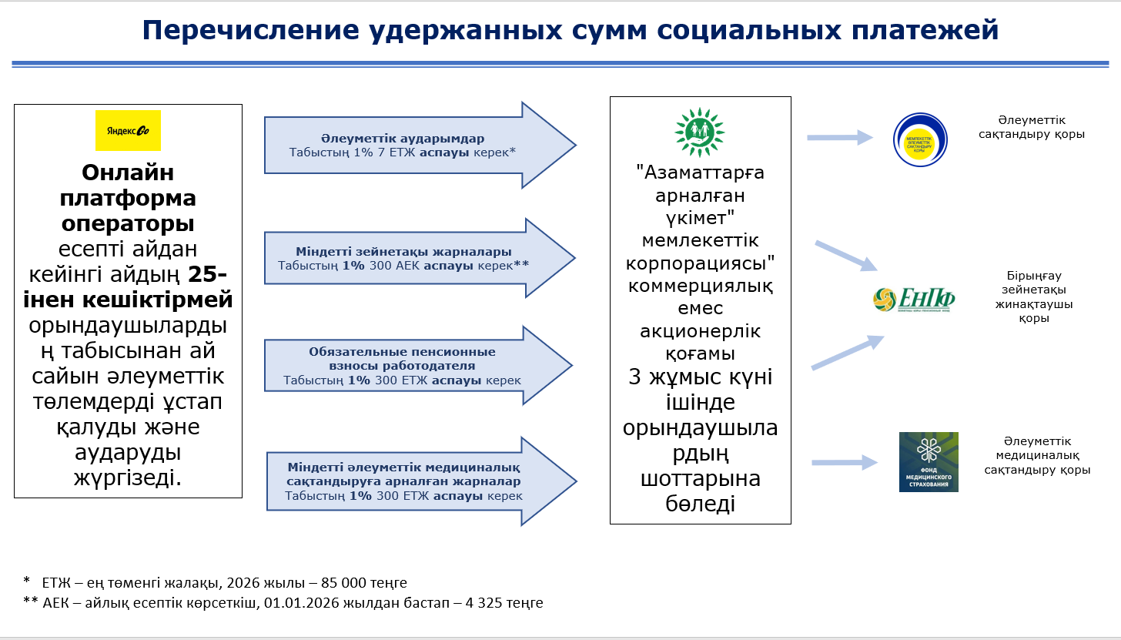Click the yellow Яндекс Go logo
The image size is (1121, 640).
pyautogui.click(x=128, y=130)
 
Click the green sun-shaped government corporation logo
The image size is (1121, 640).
pyautogui.click(x=700, y=131)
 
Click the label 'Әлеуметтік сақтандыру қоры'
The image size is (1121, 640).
pyautogui.click(x=1031, y=127)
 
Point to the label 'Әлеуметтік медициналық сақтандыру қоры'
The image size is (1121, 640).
pyautogui.click(x=1036, y=455)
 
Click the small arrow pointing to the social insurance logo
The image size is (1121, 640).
pyautogui.click(x=839, y=138)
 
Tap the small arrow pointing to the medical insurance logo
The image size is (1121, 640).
pyautogui.click(x=845, y=462)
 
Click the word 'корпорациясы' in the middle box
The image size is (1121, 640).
pyautogui.click(x=700, y=262)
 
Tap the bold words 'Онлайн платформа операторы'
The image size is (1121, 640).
pyautogui.click(x=128, y=198)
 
